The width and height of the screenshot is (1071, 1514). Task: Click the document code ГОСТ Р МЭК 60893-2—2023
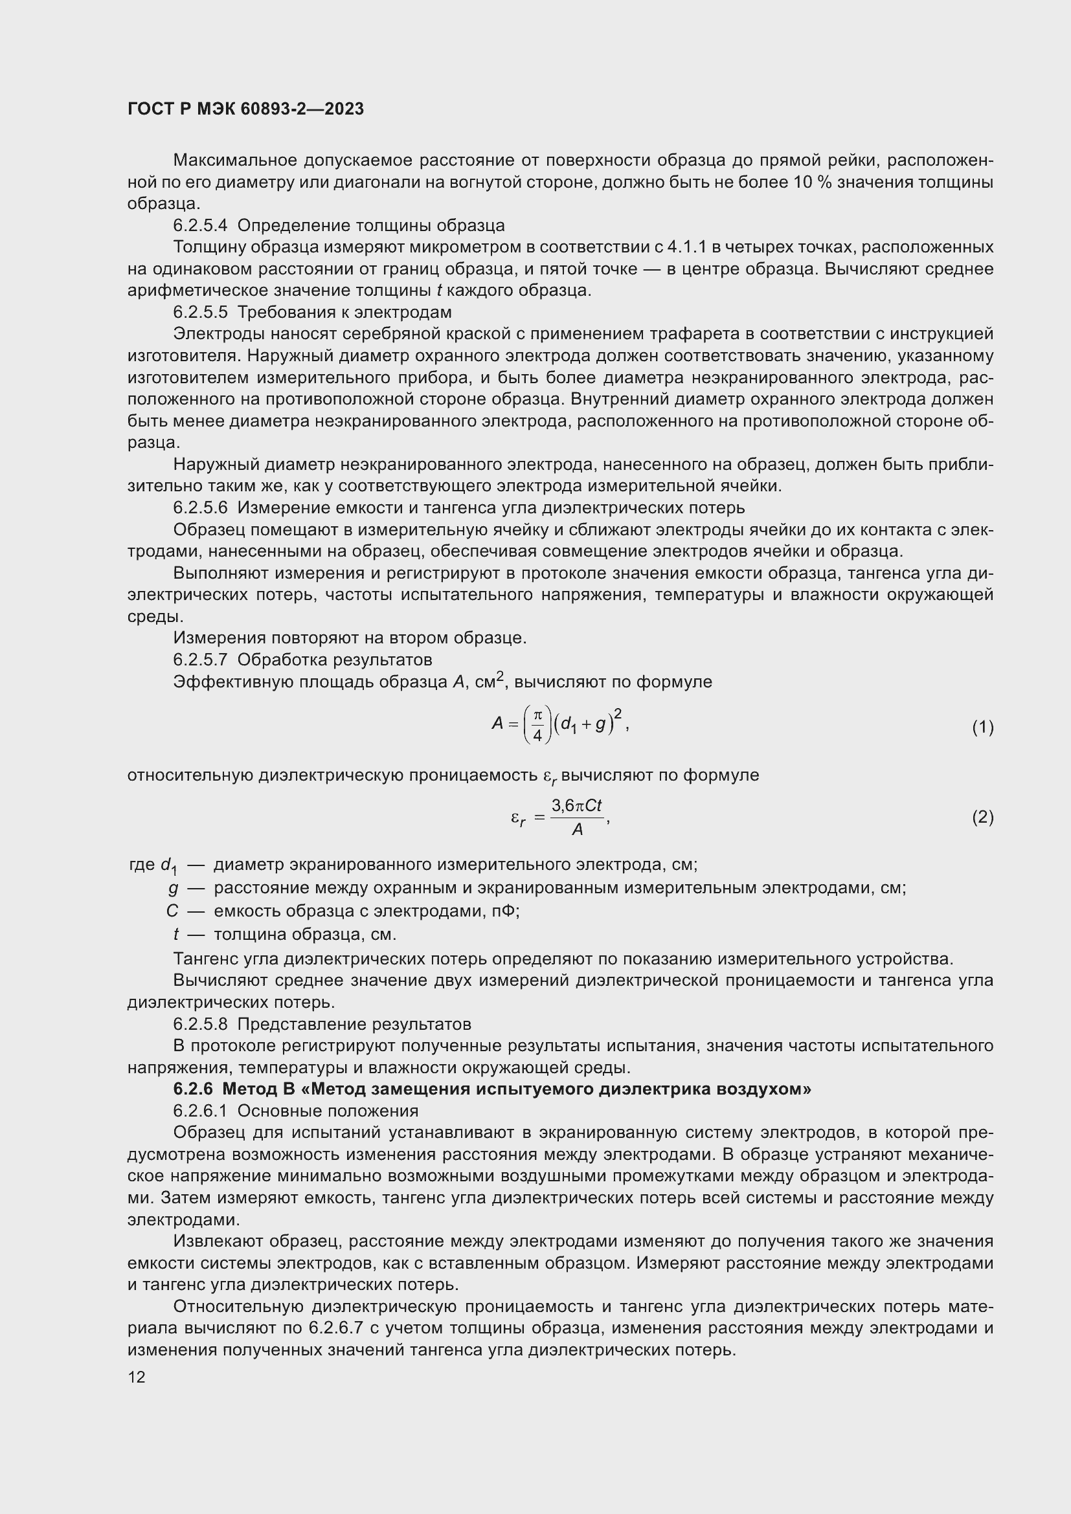click(245, 109)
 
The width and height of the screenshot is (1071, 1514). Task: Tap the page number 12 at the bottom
click(137, 1377)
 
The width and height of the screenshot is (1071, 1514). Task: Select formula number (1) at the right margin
click(982, 728)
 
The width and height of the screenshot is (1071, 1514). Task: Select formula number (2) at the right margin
click(982, 818)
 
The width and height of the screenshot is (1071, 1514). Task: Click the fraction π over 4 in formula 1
click(537, 725)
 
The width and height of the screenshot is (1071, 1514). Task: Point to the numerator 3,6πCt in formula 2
click(577, 806)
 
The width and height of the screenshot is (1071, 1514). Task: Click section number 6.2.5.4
click(200, 225)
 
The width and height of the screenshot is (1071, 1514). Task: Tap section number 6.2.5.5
click(200, 312)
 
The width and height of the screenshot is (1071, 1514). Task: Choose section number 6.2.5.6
click(200, 507)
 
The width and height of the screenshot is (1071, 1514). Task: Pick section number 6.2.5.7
click(200, 660)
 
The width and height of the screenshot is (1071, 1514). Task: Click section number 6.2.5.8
click(200, 1024)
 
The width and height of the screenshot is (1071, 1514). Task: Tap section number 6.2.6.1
click(200, 1111)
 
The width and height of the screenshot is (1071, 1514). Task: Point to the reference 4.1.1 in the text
click(688, 247)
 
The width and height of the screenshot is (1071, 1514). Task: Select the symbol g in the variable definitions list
click(174, 888)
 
